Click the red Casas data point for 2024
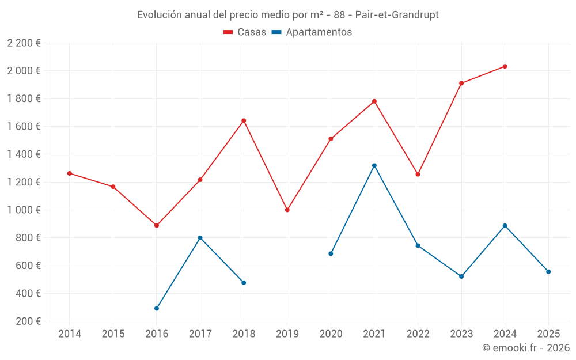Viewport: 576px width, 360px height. [505, 66]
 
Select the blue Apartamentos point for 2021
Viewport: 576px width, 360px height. [374, 166]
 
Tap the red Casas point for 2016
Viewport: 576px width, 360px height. [157, 225]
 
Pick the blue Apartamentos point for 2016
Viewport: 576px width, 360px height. [157, 308]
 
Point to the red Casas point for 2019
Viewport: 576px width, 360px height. [287, 210]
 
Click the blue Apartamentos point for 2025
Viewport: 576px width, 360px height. [548, 272]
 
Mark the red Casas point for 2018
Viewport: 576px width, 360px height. [244, 120]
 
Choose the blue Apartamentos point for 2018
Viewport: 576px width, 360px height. [244, 283]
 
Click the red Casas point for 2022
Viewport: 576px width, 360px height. [418, 174]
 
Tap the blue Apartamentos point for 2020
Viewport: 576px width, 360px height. [331, 253]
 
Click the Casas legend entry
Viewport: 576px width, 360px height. [245, 32]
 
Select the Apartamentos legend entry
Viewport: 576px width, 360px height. [312, 32]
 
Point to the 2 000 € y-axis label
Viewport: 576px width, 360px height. [24, 71]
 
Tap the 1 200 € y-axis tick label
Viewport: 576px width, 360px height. [24, 182]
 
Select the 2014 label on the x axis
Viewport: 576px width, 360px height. [70, 334]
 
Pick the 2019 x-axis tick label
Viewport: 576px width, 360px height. [287, 334]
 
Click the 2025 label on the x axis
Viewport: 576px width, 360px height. [548, 334]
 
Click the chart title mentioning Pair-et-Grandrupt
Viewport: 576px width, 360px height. [288, 15]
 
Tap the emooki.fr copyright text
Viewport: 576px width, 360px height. [525, 348]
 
